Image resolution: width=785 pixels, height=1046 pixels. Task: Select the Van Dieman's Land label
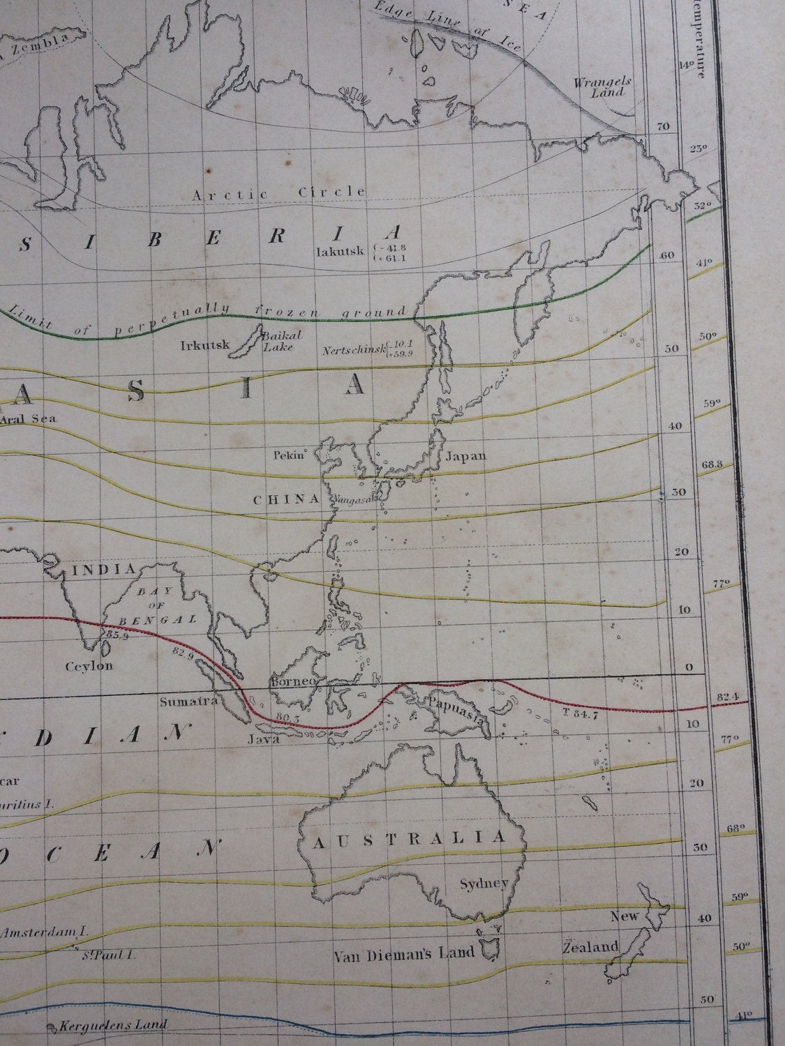click(x=404, y=952)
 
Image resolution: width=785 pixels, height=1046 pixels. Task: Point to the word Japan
click(x=465, y=457)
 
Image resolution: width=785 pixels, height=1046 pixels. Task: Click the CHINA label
click(x=285, y=499)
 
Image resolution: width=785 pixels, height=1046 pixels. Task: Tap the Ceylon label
click(x=89, y=666)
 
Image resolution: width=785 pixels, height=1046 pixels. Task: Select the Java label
click(x=264, y=741)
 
